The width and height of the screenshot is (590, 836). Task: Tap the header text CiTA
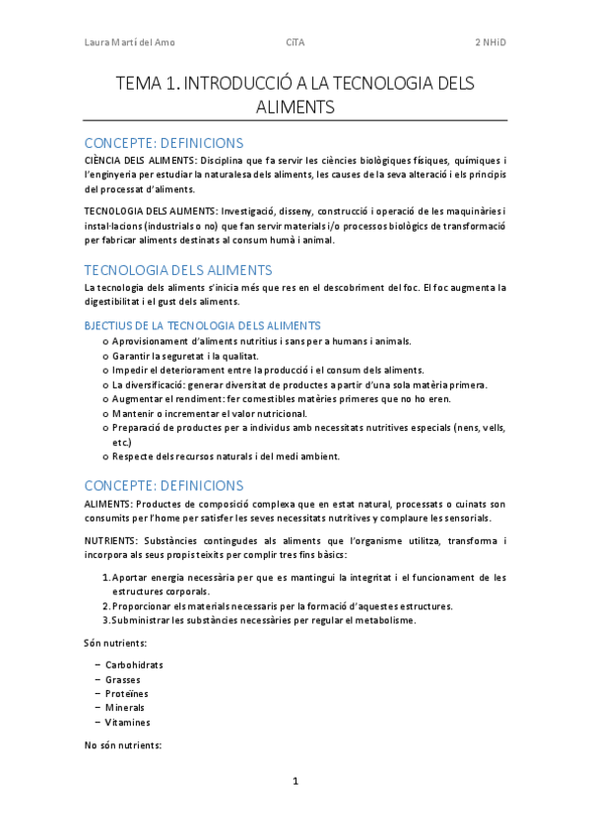295,42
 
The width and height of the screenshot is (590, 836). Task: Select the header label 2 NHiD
491,42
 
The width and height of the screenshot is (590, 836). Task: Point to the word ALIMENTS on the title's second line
295,106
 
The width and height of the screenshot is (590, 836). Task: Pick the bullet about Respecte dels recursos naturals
226,456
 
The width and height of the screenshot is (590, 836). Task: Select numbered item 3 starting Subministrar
264,620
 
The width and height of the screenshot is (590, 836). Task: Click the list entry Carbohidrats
134,664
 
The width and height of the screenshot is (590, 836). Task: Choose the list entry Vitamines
128,722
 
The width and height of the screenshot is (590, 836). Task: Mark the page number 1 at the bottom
295,782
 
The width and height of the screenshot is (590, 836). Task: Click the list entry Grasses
123,679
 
